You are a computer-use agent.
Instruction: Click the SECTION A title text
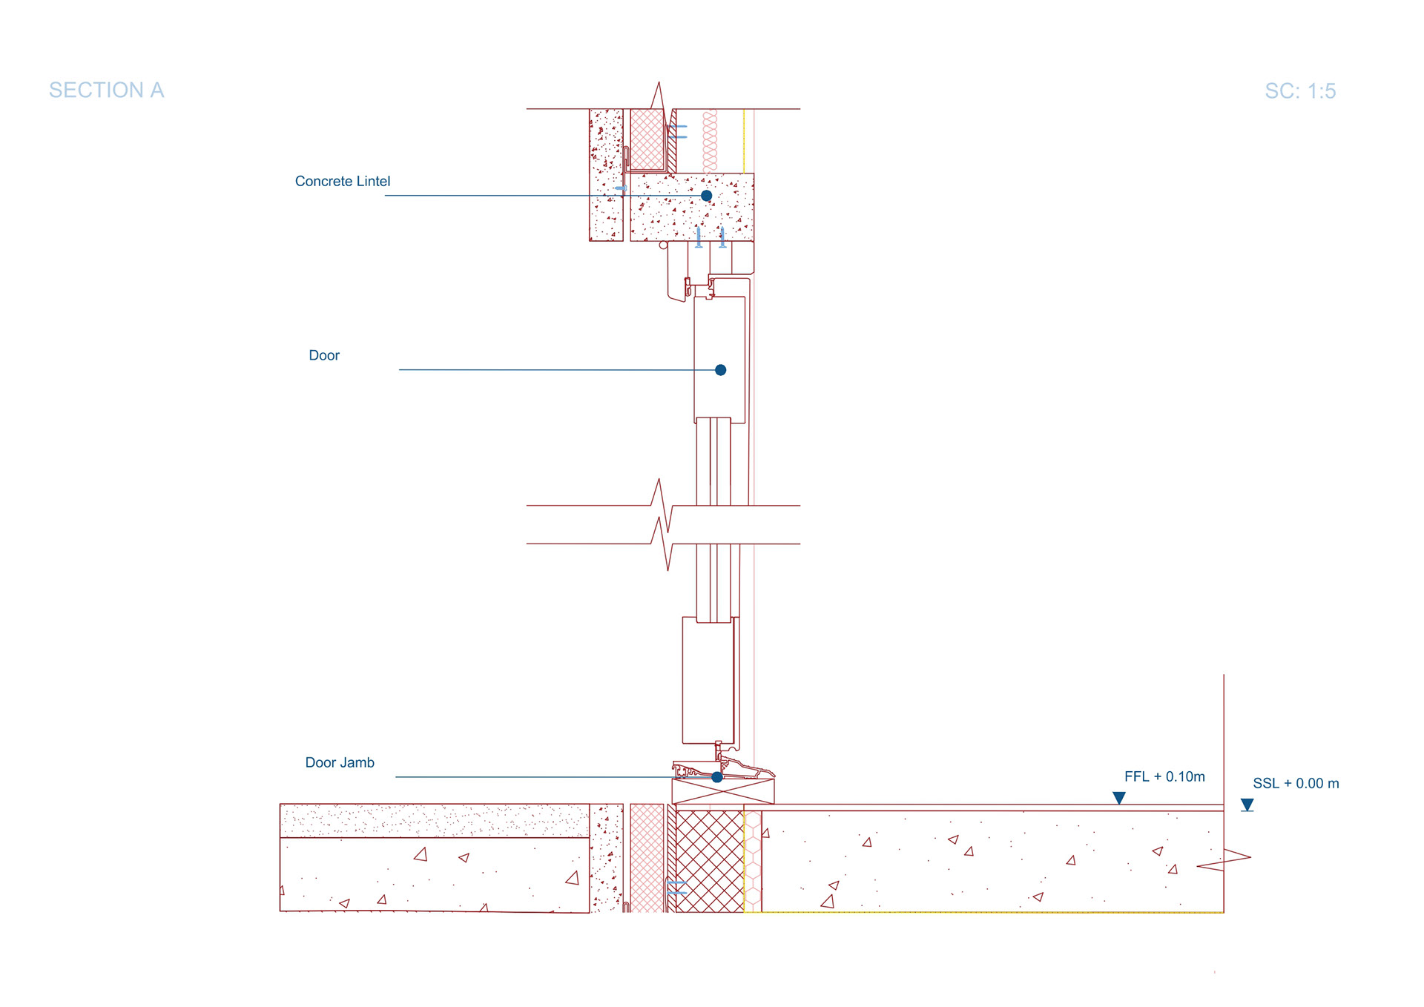106,90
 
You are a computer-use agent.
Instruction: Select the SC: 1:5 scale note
1299,91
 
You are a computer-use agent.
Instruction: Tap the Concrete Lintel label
342,182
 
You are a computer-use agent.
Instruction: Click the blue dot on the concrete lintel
706,196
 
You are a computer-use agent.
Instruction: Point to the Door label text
324,356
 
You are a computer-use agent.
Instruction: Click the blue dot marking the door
720,370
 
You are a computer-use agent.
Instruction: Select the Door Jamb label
340,763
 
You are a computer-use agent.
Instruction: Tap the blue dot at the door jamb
716,777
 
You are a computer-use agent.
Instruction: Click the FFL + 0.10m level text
1164,777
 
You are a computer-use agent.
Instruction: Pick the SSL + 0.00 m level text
1295,784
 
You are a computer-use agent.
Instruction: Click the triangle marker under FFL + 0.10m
1119,798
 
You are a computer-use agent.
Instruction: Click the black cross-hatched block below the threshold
710,860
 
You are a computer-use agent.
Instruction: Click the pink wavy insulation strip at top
710,141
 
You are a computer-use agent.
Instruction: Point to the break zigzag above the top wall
658,96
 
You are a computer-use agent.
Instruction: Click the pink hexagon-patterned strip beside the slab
753,860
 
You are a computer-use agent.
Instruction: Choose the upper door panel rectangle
719,360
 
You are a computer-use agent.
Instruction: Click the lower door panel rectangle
708,680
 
